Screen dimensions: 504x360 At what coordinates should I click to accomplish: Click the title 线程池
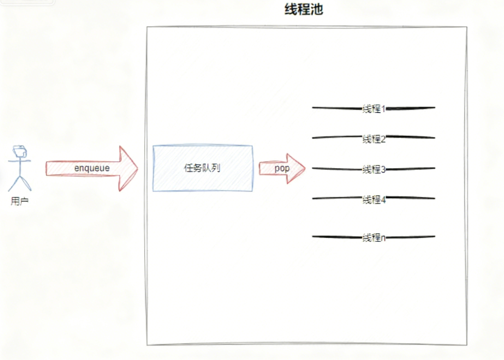point(304,9)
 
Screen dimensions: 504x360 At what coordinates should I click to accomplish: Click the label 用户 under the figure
point(20,201)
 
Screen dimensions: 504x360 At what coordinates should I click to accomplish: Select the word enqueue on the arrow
point(92,168)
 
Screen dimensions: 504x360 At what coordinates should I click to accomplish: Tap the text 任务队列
point(202,168)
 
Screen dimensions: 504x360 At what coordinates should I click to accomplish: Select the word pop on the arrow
point(282,168)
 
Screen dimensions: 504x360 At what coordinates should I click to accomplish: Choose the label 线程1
point(374,109)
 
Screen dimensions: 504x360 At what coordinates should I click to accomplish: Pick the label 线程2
point(374,139)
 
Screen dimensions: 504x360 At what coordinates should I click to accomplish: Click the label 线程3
point(374,170)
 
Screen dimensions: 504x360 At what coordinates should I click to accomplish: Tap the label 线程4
point(374,200)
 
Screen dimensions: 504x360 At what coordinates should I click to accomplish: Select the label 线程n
point(374,238)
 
